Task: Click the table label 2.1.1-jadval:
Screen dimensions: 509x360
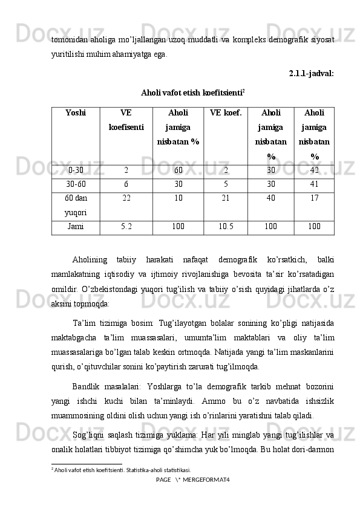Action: [x=311, y=74]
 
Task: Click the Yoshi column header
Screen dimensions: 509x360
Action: [x=76, y=112]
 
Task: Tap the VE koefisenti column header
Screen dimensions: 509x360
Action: [x=126, y=120]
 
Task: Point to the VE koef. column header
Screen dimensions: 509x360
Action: [x=226, y=112]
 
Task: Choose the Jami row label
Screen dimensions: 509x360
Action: [x=76, y=227]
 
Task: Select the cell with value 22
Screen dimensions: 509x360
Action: [x=126, y=198]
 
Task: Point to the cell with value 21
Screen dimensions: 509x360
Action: [x=226, y=198]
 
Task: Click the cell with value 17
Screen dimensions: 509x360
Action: [x=313, y=198]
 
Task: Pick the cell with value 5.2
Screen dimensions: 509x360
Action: [x=126, y=227]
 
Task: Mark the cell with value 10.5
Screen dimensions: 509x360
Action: [x=226, y=227]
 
